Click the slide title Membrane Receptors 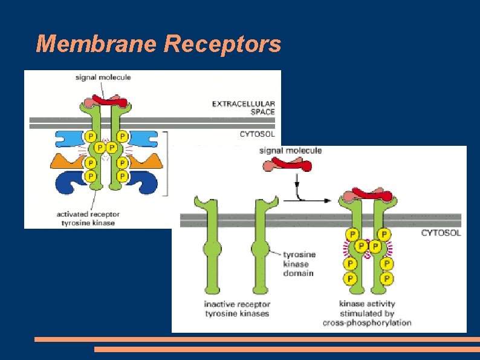158,44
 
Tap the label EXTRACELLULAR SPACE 244,108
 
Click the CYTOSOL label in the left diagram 257,134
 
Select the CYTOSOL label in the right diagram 441,232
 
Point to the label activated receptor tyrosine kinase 88,218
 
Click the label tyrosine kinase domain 299,264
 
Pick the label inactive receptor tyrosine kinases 237,309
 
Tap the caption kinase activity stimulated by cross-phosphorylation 367,313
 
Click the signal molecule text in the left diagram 103,77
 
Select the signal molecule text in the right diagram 291,151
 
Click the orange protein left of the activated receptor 65,161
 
